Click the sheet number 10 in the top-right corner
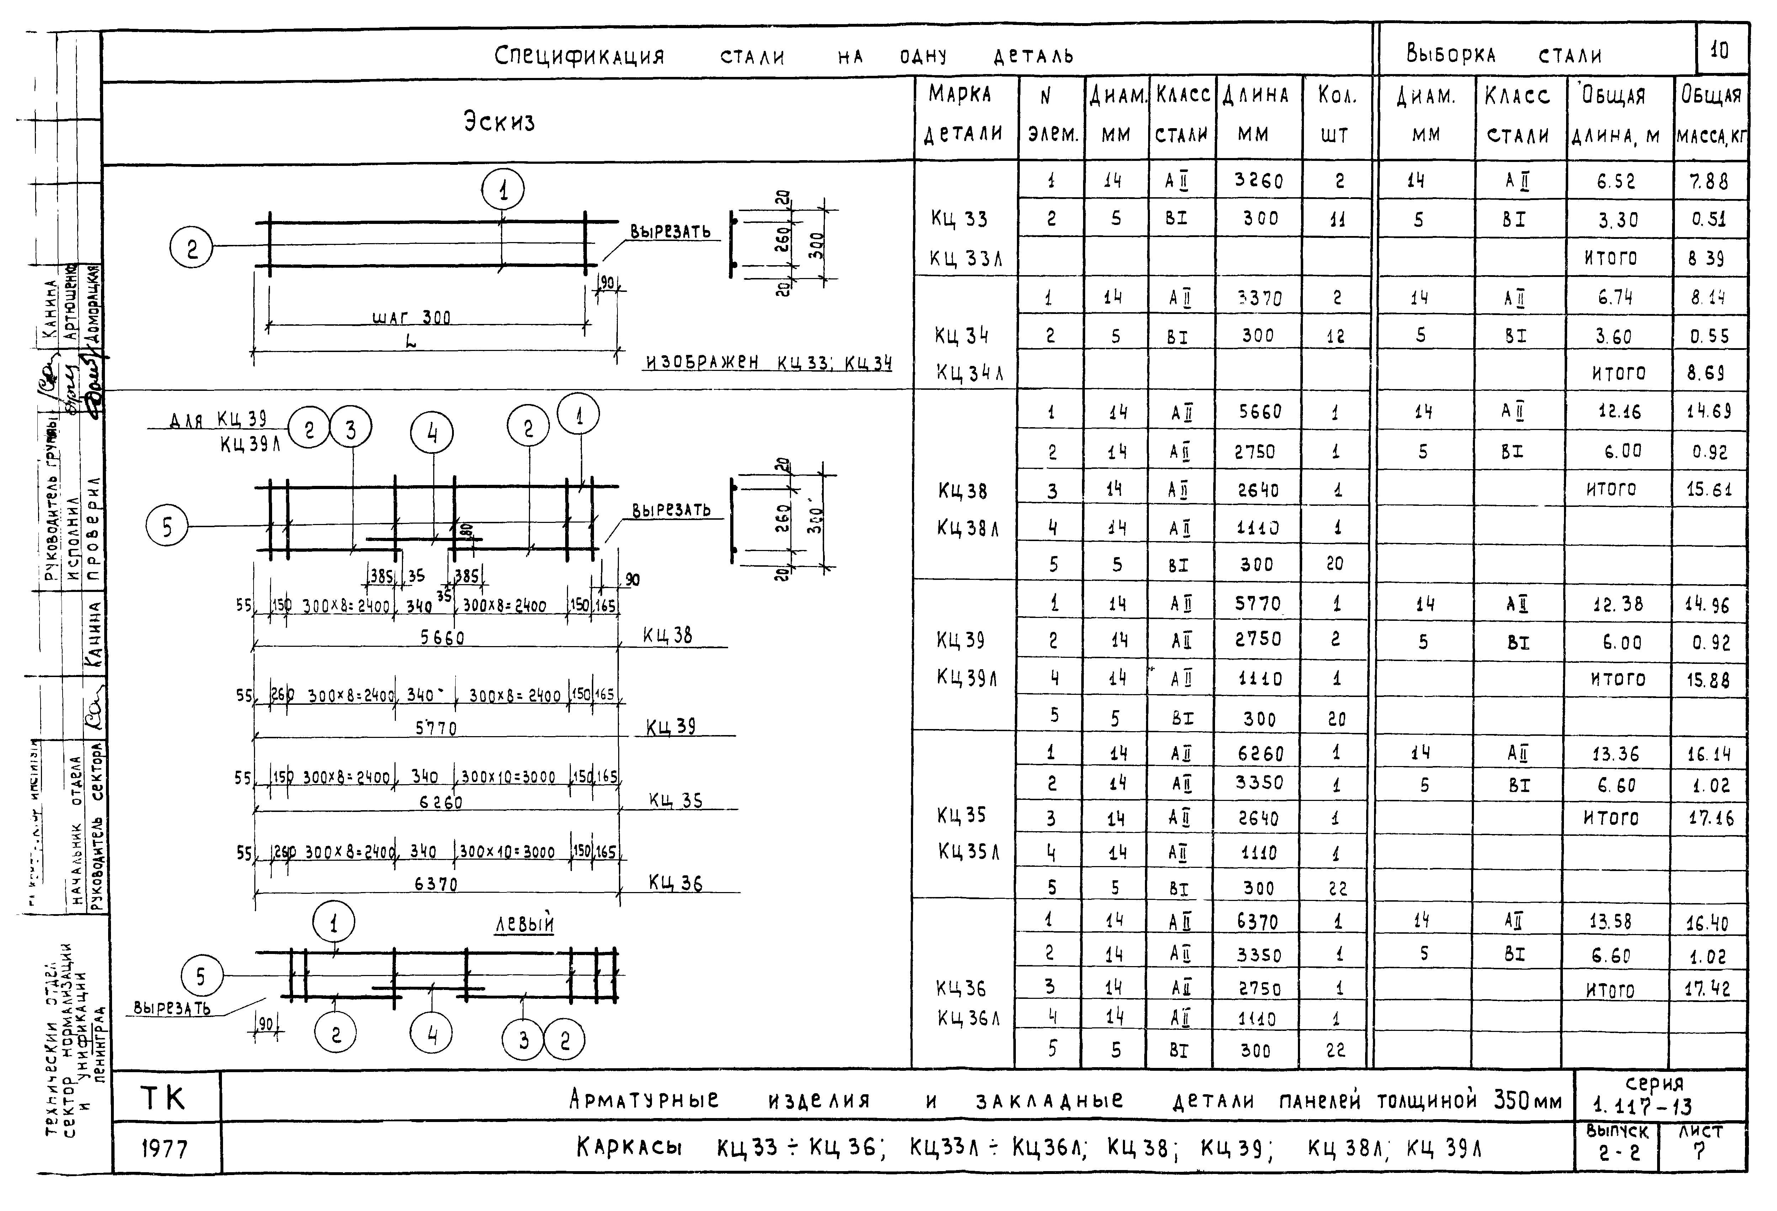[1720, 51]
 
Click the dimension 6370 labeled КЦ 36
[436, 884]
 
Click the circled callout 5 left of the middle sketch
[167, 526]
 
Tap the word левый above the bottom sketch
[525, 924]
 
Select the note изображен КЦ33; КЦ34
[768, 363]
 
